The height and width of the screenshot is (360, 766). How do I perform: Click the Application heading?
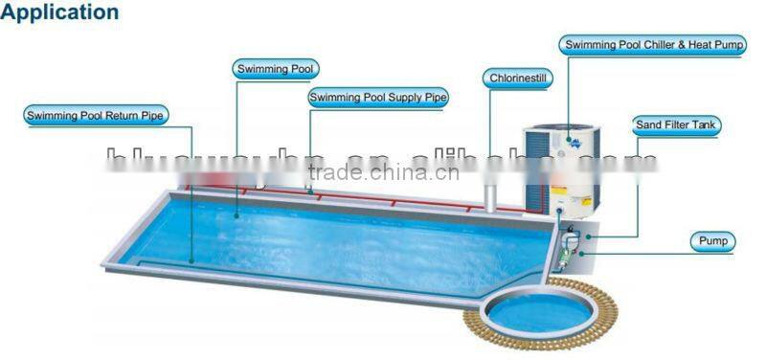pos(60,12)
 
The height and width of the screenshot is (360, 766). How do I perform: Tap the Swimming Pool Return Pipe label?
pos(96,116)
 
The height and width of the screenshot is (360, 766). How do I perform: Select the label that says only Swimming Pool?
pos(276,69)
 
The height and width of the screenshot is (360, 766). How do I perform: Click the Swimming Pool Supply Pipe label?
pos(378,97)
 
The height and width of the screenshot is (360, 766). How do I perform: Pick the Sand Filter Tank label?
pos(676,124)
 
